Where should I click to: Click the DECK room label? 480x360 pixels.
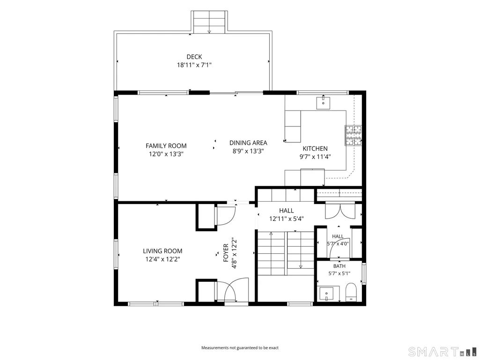194,57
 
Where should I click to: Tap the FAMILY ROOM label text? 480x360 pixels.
166,146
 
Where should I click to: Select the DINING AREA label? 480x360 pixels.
248,143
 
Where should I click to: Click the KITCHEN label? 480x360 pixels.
315,148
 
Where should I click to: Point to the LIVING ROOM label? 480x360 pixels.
162,251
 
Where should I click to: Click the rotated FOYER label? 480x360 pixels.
226,253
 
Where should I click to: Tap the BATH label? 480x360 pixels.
339,266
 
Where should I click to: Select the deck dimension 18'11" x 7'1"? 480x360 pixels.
194,65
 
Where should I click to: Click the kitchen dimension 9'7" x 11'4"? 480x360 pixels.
315,157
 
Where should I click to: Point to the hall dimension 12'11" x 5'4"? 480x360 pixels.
287,219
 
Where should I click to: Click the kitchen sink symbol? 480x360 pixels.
323,102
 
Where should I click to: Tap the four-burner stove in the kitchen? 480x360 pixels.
354,135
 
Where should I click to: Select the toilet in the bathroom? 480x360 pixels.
351,292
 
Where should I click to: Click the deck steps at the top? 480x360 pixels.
209,22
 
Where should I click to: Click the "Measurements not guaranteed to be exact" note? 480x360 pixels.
240,348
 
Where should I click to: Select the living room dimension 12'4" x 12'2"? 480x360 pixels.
162,259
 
